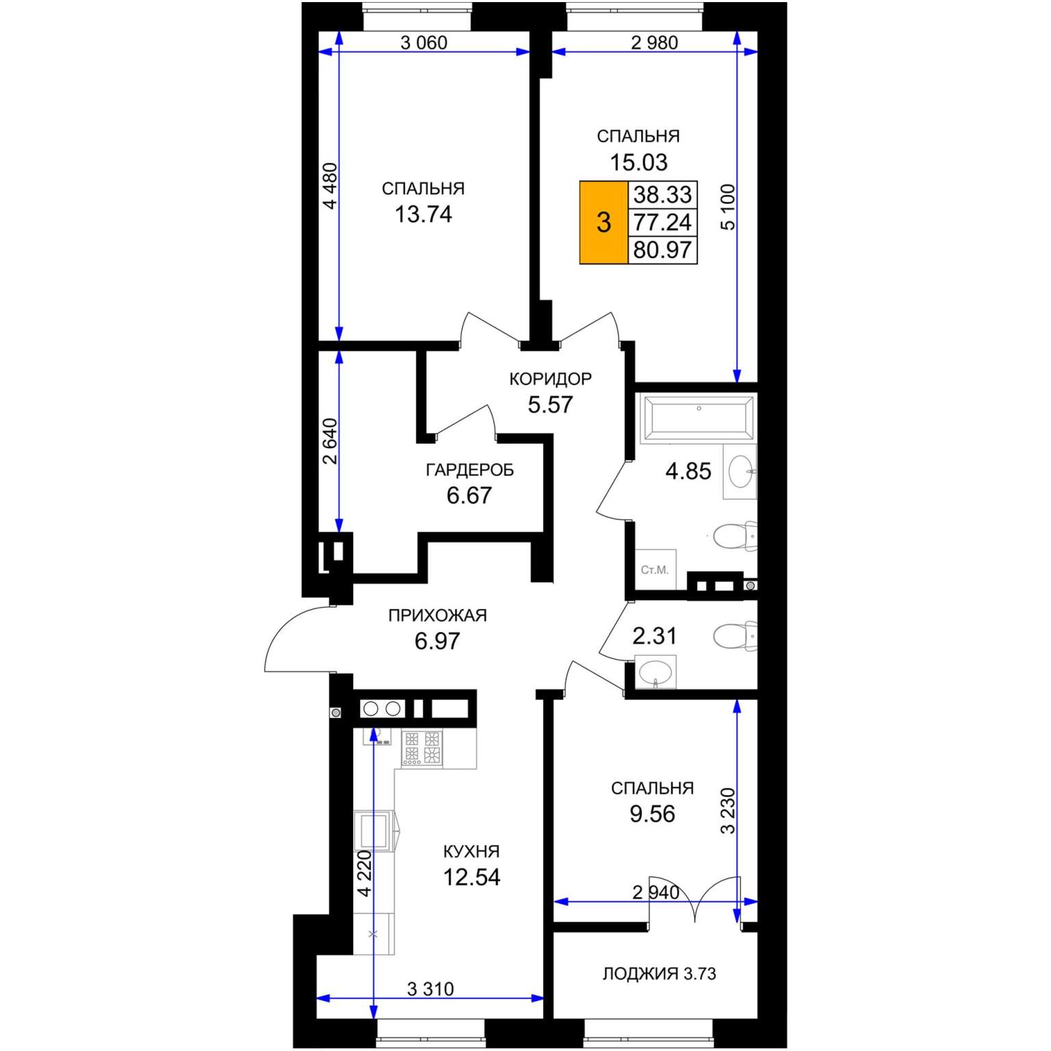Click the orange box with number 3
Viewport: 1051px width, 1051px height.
(x=604, y=222)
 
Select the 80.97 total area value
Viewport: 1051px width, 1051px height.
(x=662, y=250)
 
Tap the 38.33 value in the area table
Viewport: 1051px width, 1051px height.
(x=662, y=194)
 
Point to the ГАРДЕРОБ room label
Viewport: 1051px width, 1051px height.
(x=469, y=470)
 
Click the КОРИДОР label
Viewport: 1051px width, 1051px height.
(x=550, y=379)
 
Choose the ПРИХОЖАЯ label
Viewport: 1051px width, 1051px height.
(x=437, y=615)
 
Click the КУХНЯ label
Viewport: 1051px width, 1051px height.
(x=471, y=851)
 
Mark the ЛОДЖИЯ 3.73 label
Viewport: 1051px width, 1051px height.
(x=659, y=974)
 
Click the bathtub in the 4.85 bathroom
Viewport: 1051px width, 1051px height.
(x=699, y=418)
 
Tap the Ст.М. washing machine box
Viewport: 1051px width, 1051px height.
(x=656, y=569)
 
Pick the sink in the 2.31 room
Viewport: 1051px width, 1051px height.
(x=656, y=672)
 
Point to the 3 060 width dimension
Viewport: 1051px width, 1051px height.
(x=424, y=43)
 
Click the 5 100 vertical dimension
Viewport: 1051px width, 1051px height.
(x=728, y=207)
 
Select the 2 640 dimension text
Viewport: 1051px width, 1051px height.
(x=330, y=441)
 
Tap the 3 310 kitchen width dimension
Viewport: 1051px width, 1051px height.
(x=430, y=989)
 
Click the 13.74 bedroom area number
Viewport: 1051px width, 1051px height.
(x=424, y=214)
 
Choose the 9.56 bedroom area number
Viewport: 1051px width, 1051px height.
(x=652, y=814)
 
